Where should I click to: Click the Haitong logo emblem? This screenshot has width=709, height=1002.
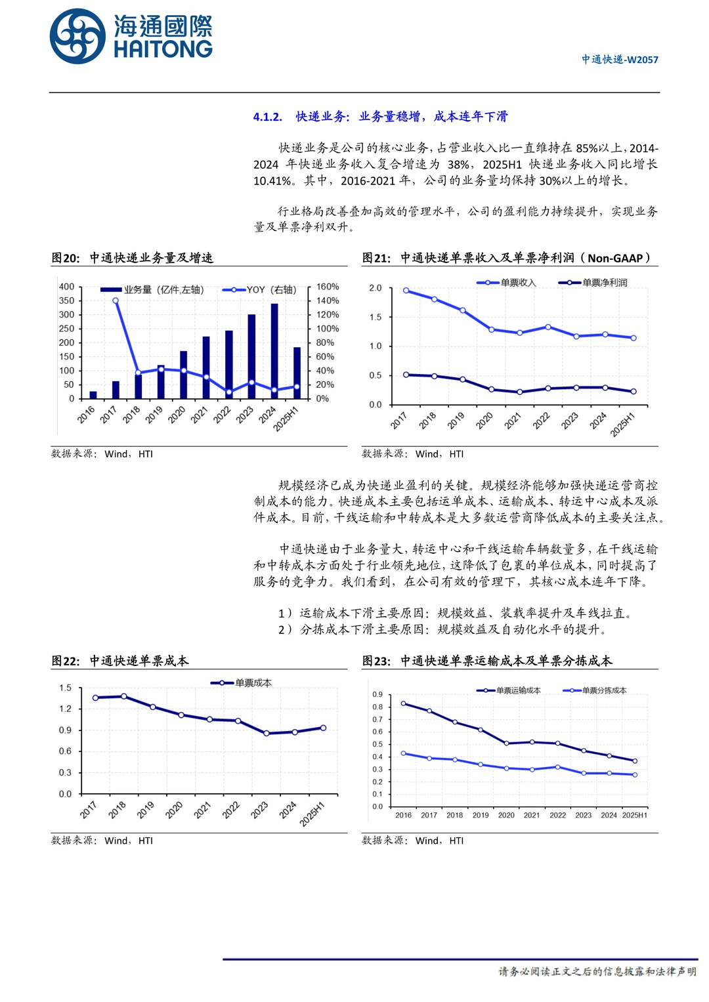(77, 37)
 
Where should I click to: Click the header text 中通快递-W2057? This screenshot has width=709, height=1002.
(619, 60)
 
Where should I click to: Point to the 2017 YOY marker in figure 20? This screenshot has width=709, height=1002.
(116, 301)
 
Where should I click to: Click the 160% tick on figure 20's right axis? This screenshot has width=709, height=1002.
(327, 287)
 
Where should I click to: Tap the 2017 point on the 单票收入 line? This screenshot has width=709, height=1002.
(406, 290)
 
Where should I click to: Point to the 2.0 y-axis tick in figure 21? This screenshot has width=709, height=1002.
(375, 288)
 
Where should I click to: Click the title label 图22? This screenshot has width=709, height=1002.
(64, 661)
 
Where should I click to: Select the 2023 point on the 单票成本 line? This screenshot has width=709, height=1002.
(266, 734)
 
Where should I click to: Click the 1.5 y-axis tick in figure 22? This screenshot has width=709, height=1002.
(65, 688)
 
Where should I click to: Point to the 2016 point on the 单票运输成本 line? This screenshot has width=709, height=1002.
(403, 703)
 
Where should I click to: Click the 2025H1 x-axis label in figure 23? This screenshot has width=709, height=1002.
(634, 815)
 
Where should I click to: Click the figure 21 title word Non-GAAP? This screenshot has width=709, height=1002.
(615, 258)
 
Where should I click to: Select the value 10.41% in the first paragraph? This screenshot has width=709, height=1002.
(272, 180)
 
